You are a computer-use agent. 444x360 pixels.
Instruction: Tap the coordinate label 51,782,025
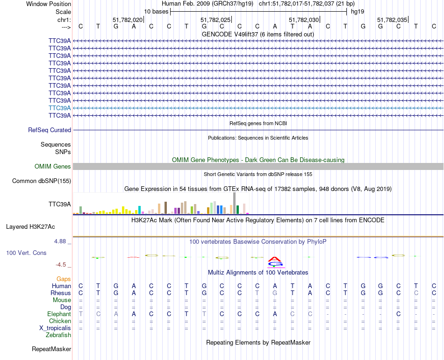[215, 20]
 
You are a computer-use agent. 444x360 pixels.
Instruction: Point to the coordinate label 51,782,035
[392, 20]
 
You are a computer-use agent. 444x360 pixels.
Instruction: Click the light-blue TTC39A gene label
[60, 108]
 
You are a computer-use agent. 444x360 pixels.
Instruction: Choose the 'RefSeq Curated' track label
[50, 130]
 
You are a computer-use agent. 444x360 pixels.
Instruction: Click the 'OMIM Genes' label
[53, 166]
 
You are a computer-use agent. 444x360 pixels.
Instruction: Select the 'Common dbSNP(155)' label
[42, 181]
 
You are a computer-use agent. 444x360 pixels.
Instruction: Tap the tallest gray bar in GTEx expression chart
[235, 203]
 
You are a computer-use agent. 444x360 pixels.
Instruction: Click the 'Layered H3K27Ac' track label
[30, 227]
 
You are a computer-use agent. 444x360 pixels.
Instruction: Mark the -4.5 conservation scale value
[62, 265]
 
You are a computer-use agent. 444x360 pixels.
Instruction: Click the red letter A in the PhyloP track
[275, 259]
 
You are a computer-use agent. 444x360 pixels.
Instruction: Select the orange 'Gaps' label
[64, 279]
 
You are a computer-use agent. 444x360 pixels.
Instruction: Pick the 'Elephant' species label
[59, 314]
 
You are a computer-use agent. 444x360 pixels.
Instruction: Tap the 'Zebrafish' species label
[58, 335]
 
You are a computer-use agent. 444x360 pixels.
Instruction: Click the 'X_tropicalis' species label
[55, 328]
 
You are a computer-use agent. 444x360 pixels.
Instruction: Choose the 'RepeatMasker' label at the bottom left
[51, 349]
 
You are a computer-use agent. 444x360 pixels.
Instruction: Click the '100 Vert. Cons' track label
[26, 253]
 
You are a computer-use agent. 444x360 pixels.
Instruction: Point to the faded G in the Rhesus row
[275, 293]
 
